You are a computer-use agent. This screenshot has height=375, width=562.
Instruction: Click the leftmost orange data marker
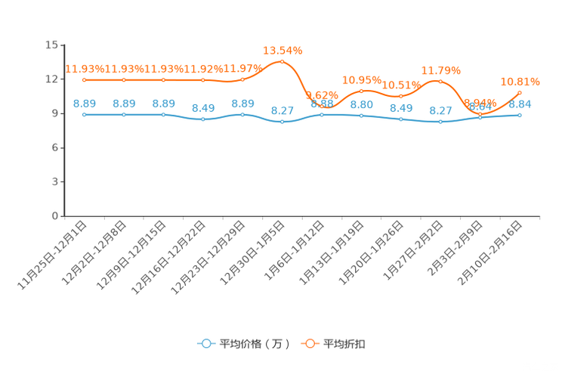click(85, 79)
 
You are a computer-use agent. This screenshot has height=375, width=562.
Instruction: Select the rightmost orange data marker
click(520, 92)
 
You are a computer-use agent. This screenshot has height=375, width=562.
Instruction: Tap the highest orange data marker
click(283, 61)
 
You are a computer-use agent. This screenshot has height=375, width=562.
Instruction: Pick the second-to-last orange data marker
click(480, 113)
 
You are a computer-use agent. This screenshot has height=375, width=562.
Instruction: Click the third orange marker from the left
click(164, 79)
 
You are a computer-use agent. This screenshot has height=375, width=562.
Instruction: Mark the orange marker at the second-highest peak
click(441, 81)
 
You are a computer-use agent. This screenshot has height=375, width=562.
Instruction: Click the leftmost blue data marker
click(85, 115)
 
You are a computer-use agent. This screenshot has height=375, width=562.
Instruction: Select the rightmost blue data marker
click(520, 115)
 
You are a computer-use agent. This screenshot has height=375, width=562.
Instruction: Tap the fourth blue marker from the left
click(203, 119)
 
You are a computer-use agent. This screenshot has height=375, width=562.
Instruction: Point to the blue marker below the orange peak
click(283, 122)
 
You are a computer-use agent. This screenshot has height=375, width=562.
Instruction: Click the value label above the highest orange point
click(283, 51)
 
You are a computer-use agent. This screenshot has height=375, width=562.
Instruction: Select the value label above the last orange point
click(520, 80)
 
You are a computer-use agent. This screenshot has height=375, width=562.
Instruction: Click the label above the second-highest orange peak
click(441, 70)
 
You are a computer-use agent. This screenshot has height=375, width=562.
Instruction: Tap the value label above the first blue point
click(85, 104)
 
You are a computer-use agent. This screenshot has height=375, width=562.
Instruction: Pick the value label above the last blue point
click(521, 104)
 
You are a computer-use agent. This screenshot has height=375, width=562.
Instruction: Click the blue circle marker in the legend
click(205, 343)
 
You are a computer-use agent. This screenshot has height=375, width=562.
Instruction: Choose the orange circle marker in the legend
click(309, 343)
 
